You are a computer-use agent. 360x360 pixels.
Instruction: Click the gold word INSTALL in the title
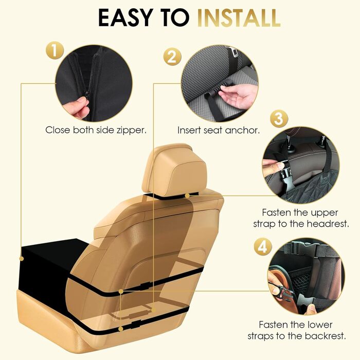tap(239, 18)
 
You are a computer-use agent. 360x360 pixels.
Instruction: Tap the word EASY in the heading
tap(125, 18)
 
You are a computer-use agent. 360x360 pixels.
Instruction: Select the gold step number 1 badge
tap(55, 50)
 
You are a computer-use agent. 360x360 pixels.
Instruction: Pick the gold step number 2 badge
tap(172, 57)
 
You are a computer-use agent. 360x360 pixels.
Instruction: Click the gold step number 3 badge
tap(279, 119)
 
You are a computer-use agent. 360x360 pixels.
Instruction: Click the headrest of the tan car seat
tap(174, 169)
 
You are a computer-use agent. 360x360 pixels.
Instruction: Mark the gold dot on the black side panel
tap(22, 259)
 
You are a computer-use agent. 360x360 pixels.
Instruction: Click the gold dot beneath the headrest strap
tap(187, 196)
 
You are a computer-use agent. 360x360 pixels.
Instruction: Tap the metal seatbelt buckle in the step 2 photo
tap(233, 53)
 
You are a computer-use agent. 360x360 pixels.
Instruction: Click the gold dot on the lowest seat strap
tap(121, 329)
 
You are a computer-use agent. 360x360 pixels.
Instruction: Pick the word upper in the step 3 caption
tap(325, 213)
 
